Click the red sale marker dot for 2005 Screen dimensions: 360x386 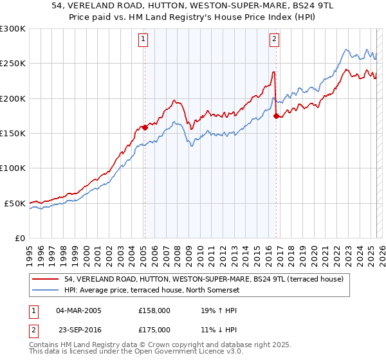[145, 127]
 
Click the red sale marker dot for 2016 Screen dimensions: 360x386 [276, 116]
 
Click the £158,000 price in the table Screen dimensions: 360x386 [154, 310]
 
